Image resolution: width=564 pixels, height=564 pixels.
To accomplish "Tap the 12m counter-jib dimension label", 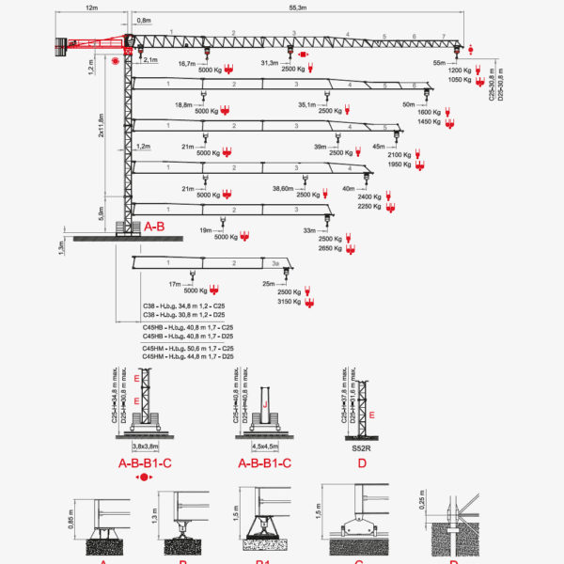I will click(91, 7).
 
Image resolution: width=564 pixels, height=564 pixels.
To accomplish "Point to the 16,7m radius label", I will click(186, 63).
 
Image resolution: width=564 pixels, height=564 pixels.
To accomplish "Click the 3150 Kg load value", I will click(290, 303).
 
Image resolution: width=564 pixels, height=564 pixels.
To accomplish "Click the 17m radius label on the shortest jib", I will click(174, 284).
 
